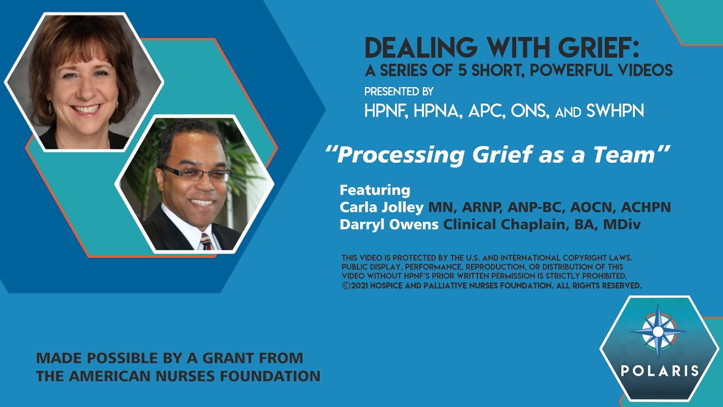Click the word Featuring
[x=374, y=189]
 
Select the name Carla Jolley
[x=382, y=207]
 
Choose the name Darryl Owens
[x=389, y=224]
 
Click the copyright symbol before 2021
[x=346, y=286]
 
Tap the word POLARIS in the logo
[x=660, y=371]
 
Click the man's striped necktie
[x=206, y=242]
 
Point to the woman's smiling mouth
[x=86, y=109]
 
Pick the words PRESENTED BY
[x=399, y=92]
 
